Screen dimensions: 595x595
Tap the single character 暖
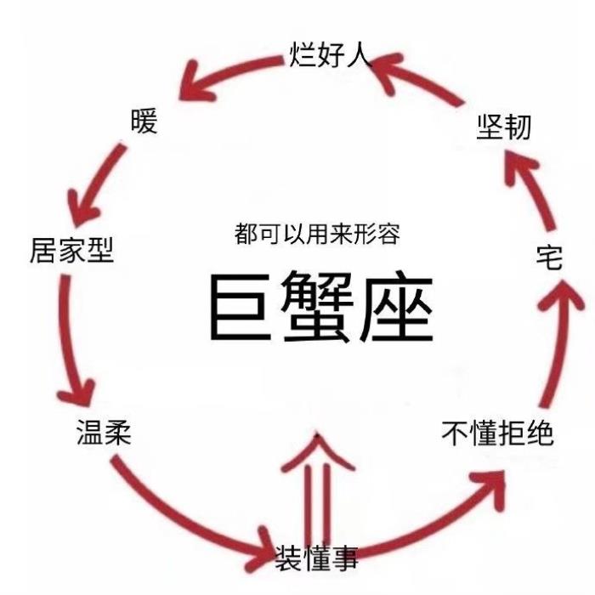[x=144, y=122]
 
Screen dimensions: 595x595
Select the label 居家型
[x=72, y=250]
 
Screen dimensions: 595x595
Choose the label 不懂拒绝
[x=497, y=433]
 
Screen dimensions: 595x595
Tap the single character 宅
[x=550, y=258]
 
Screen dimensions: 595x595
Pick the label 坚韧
[x=503, y=127]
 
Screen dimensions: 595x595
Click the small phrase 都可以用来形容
[x=317, y=235]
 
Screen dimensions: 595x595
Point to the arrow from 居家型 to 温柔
[x=70, y=340]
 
